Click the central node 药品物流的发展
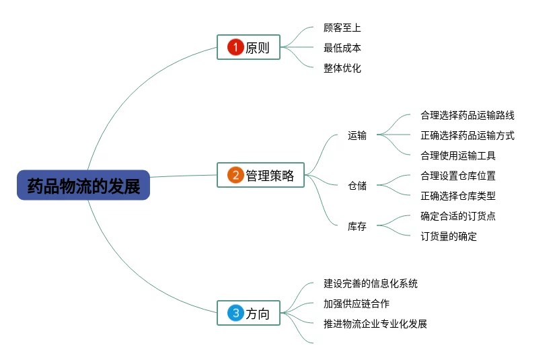pyautogui.click(x=83, y=185)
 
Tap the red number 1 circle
pyautogui.click(x=235, y=47)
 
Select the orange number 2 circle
pyautogui.click(x=235, y=176)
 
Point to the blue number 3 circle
pyautogui.click(x=235, y=313)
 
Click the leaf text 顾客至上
pyautogui.click(x=342, y=28)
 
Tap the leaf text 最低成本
pyautogui.click(x=342, y=48)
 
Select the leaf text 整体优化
pyautogui.click(x=342, y=68)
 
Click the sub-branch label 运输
pyautogui.click(x=357, y=135)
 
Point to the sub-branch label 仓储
pyautogui.click(x=357, y=186)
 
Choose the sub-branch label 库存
pyautogui.click(x=357, y=226)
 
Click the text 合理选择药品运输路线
pyautogui.click(x=467, y=115)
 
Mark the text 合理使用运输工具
pyautogui.click(x=457, y=155)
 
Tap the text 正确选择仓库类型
pyautogui.click(x=457, y=196)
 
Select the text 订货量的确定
pyautogui.click(x=448, y=236)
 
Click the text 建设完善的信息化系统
pyautogui.click(x=370, y=283)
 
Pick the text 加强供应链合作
pyautogui.click(x=356, y=303)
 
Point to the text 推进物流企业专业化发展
pyautogui.click(x=375, y=324)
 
